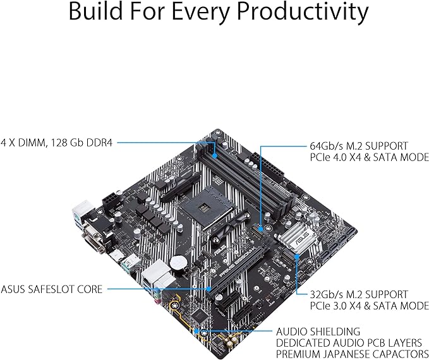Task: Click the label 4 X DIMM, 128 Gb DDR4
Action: tap(57, 143)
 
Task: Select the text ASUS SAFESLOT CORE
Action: tap(51, 289)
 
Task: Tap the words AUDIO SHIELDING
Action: tap(318, 331)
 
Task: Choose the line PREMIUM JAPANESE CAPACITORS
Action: tap(352, 353)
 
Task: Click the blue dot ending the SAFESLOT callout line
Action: tap(210, 289)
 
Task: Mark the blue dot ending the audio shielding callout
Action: tap(198, 330)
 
